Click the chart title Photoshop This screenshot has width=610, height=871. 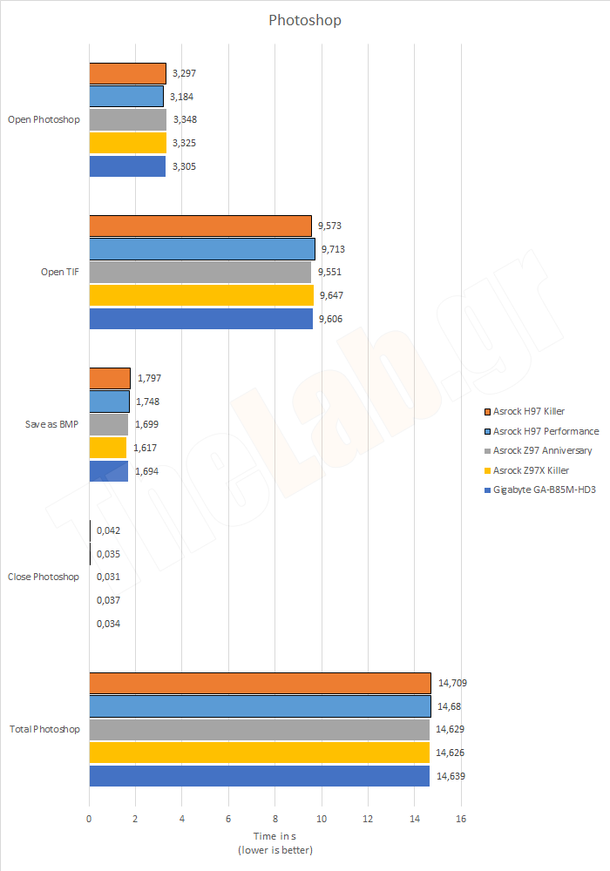305,19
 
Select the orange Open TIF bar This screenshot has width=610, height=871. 200,226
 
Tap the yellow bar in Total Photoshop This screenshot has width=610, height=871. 260,752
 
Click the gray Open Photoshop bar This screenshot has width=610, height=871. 128,119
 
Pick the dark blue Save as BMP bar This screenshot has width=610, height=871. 109,471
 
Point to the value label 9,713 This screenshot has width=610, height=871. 333,249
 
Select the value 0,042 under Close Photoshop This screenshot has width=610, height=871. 109,530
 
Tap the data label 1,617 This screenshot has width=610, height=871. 146,448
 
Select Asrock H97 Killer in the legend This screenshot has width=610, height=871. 530,410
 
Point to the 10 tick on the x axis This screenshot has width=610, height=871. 322,819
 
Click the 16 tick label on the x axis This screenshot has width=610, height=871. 461,819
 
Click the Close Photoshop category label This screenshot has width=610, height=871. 44,577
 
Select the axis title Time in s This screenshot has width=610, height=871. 274,837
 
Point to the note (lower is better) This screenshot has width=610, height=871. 274,849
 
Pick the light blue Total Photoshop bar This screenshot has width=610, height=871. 260,706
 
